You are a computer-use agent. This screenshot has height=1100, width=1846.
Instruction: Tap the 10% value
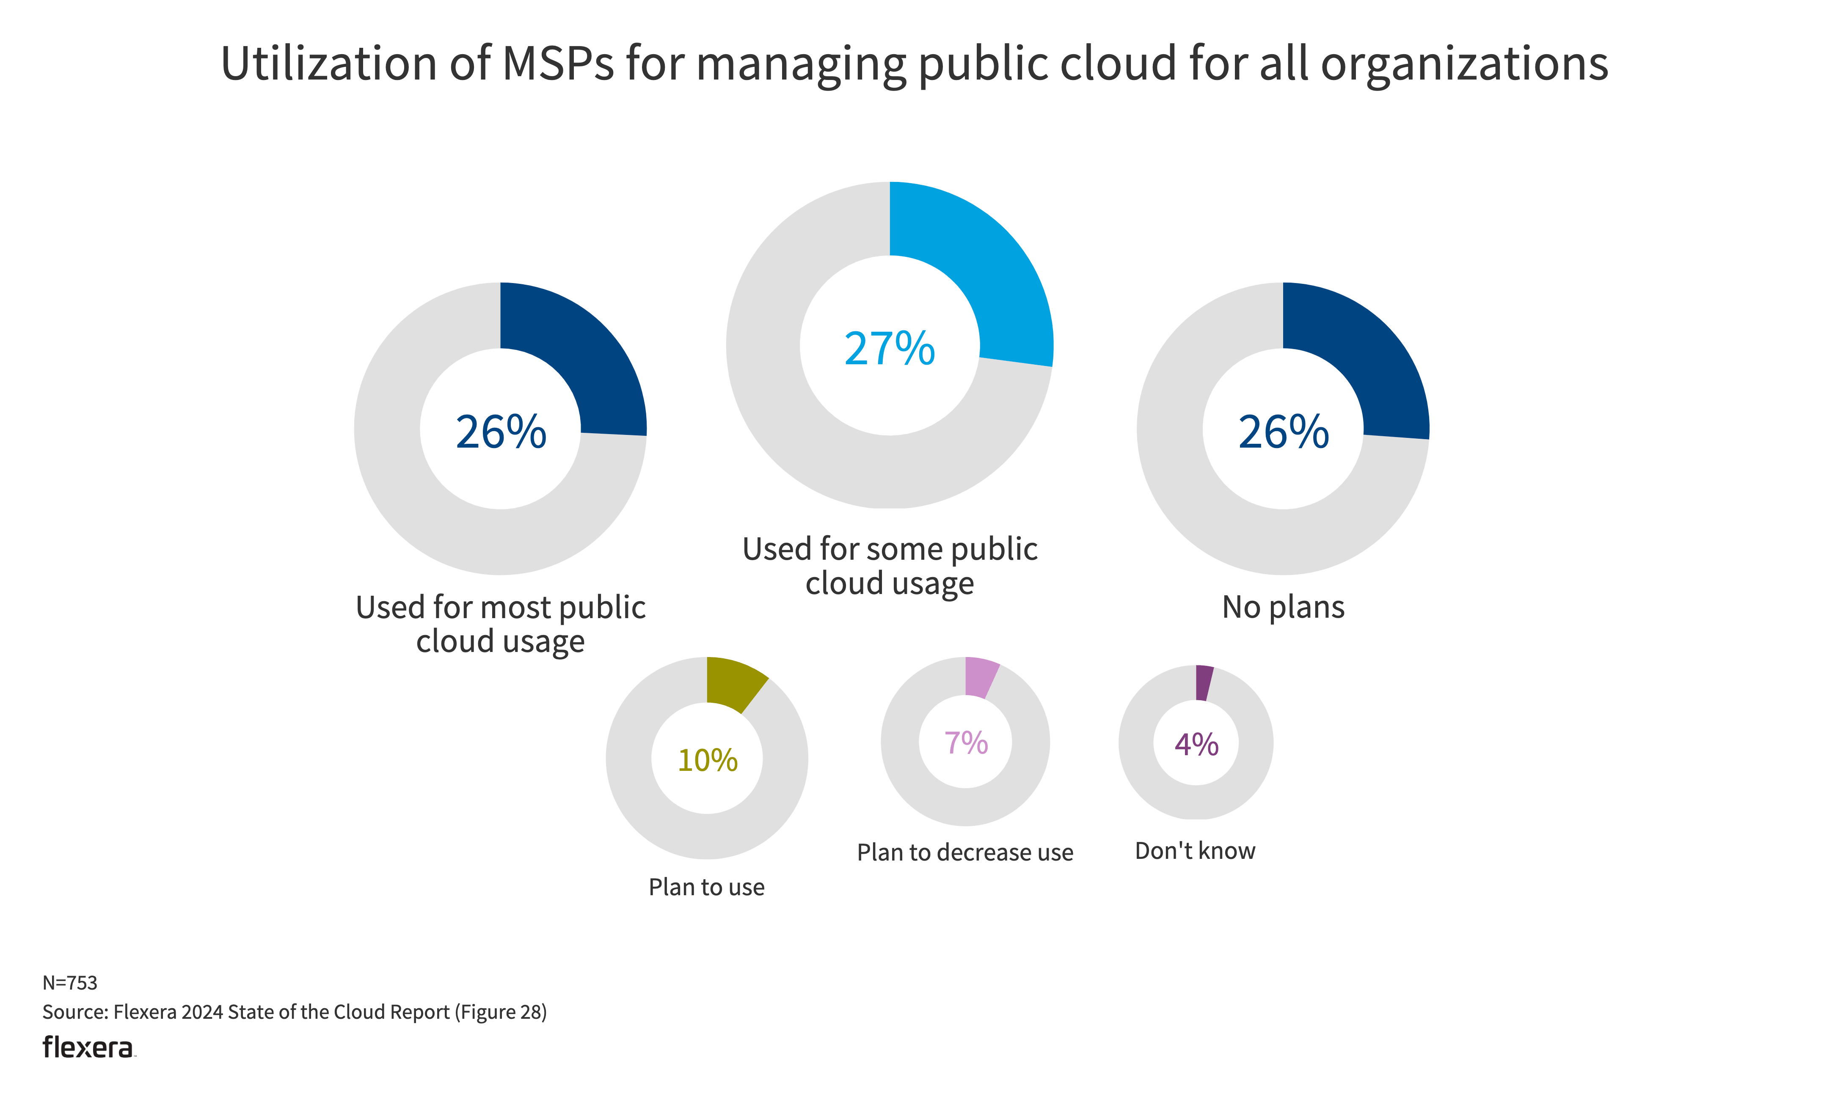click(707, 761)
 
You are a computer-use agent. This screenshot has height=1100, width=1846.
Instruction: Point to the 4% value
click(1196, 744)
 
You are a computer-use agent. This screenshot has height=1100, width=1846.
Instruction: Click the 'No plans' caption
click(1283, 607)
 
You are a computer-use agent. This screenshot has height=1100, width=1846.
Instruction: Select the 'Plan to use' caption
click(706, 887)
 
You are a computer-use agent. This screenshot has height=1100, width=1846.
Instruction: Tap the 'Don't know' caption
click(1195, 851)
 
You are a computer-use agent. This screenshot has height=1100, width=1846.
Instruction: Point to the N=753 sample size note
click(70, 983)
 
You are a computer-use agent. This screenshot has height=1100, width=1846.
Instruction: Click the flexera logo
click(89, 1048)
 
